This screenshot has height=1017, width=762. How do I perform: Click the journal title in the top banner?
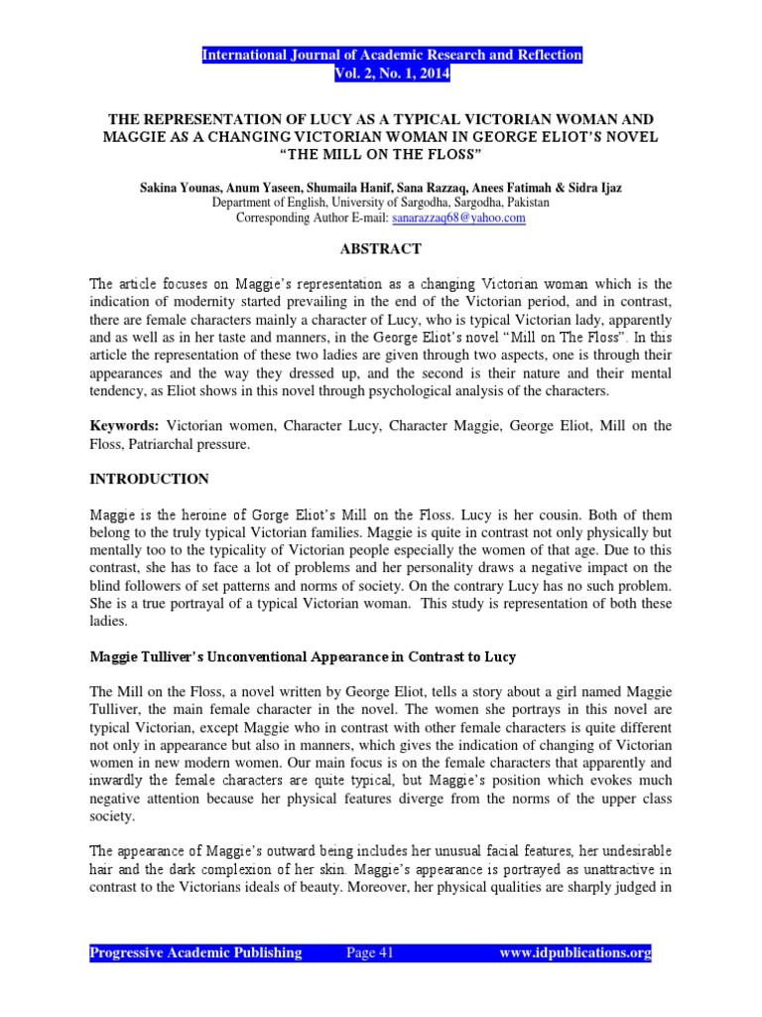[392, 55]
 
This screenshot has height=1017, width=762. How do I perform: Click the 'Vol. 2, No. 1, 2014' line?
[392, 73]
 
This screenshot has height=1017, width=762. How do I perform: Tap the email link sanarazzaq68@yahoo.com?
[459, 218]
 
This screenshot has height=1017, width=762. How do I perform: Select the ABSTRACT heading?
[382, 248]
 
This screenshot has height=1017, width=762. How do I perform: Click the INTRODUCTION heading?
[149, 479]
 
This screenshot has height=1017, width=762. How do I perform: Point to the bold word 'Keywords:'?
[122, 425]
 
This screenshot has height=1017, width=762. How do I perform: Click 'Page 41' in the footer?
[370, 952]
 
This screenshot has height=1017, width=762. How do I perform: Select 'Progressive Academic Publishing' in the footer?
[196, 952]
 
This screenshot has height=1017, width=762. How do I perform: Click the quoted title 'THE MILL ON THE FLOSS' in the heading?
[382, 154]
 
